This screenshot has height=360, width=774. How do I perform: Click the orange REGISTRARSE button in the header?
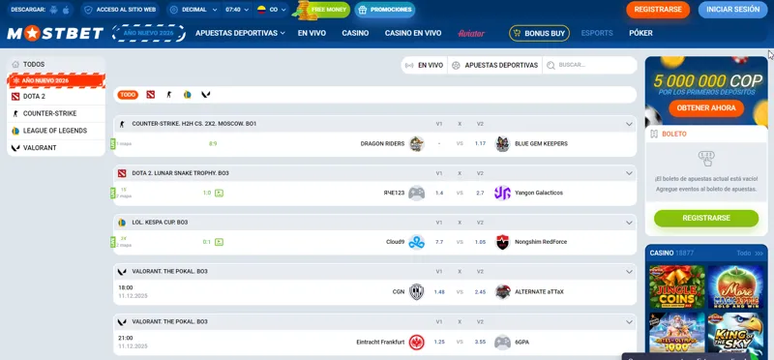click(658, 10)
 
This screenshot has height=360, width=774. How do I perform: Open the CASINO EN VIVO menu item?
click(413, 33)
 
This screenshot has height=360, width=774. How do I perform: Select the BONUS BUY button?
click(539, 33)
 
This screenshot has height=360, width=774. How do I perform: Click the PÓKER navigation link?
click(640, 33)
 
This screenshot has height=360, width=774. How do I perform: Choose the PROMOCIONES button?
click(385, 10)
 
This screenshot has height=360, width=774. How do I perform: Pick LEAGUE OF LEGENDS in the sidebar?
click(55, 131)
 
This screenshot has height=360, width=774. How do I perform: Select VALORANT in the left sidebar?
click(40, 148)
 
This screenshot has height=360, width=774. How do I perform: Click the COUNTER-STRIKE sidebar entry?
click(49, 113)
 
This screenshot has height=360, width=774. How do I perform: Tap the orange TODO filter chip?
click(128, 95)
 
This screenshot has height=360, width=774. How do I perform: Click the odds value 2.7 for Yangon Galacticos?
click(480, 193)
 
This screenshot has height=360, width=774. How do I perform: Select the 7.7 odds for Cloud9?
click(439, 242)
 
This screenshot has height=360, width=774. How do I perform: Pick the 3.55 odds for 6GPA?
click(480, 342)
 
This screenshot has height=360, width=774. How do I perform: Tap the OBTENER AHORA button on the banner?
click(706, 107)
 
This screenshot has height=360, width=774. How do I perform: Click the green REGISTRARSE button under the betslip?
click(706, 219)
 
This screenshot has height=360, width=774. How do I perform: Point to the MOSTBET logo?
click(55, 33)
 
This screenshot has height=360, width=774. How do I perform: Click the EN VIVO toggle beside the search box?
click(424, 65)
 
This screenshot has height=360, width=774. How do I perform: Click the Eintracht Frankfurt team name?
click(380, 342)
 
